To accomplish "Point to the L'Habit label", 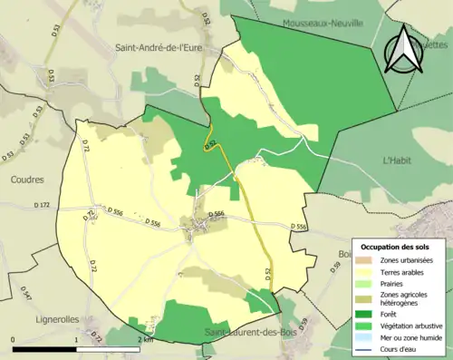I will pyautogui.click(x=398, y=161).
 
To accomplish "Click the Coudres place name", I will pyautogui.click(x=27, y=180).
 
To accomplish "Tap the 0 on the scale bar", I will pyautogui.click(x=14, y=338).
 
